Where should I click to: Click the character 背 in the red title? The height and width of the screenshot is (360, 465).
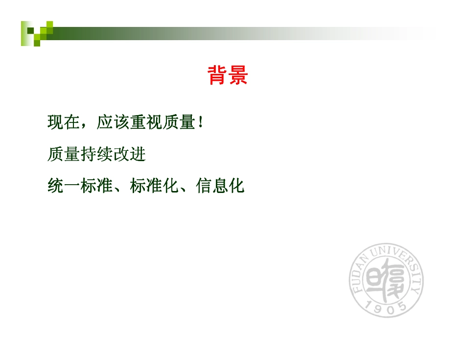[217, 75]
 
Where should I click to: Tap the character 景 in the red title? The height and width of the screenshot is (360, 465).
[238, 75]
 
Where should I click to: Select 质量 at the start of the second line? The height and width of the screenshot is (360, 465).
[64, 154]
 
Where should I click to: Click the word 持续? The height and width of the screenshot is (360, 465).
[97, 154]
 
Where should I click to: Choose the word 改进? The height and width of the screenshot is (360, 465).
[130, 154]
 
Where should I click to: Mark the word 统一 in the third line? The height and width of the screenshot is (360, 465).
[64, 186]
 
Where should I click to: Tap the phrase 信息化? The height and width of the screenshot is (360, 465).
[220, 186]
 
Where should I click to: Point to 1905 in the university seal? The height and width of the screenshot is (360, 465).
[387, 306]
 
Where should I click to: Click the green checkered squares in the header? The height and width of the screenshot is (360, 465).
[37, 33]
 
